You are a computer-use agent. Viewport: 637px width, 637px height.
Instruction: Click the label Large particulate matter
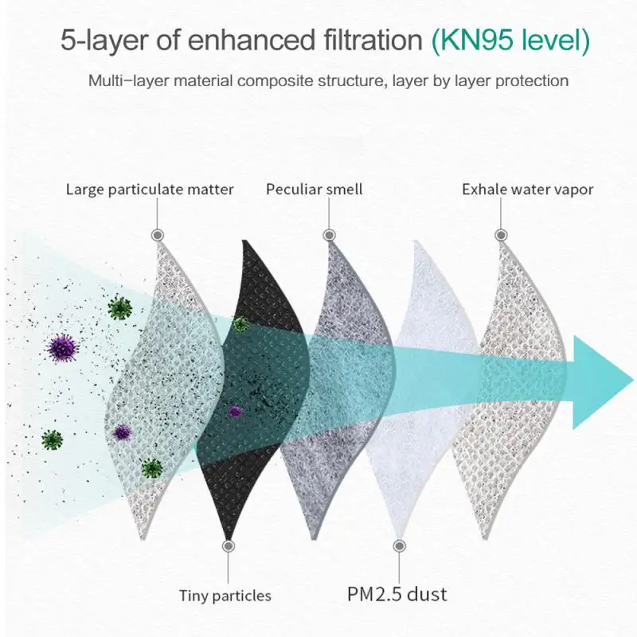[x=150, y=190]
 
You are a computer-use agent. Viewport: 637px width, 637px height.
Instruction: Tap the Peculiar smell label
[x=315, y=190]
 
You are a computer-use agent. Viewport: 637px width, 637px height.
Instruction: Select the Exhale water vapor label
[x=528, y=190]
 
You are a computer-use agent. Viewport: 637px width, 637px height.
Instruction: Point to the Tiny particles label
[x=225, y=595]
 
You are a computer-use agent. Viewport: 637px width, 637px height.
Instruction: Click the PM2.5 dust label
[x=397, y=594]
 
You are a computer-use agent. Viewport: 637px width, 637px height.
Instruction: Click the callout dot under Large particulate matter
[x=158, y=235]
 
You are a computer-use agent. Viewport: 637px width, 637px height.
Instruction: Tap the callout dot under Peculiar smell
[x=329, y=235]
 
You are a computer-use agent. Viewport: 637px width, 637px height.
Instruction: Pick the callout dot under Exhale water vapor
[x=500, y=235]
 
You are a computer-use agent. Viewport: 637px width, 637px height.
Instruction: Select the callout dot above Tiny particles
[x=229, y=546]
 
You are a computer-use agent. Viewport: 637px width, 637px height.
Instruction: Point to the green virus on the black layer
[x=240, y=323]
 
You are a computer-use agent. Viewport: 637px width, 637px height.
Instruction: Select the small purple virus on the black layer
[x=235, y=411]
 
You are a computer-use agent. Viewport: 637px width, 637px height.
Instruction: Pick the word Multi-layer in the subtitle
[x=122, y=80]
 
